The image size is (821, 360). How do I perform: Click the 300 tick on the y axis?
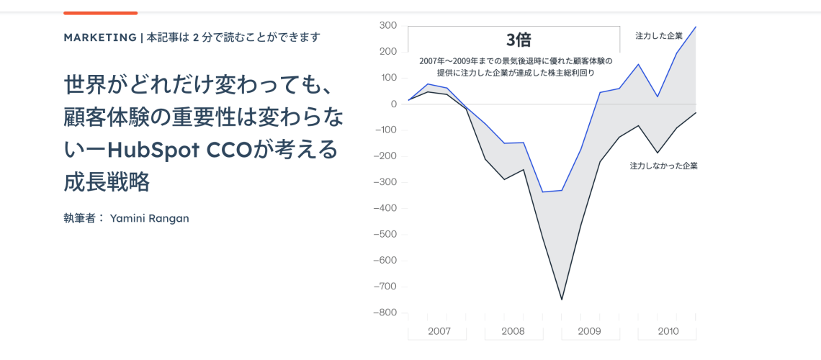387,25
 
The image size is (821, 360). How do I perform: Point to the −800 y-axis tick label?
385,312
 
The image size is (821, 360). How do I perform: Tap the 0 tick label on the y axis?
393,104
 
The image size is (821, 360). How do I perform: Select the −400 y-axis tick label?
385,208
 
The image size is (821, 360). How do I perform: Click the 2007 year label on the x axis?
439,331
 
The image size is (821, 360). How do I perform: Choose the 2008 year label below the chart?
513,331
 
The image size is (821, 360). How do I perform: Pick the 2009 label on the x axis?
589,331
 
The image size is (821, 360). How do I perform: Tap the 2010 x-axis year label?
668,331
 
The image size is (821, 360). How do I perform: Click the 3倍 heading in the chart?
518,40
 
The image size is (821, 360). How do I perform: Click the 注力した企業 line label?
658,35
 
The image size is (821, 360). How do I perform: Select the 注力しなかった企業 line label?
663,166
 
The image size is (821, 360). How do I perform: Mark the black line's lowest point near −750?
562,300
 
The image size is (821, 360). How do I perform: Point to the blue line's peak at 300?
696,27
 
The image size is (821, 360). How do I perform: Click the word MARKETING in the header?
100,37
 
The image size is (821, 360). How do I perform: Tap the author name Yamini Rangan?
149,218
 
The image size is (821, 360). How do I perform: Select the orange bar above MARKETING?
100,13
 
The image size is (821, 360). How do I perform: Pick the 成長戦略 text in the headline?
107,182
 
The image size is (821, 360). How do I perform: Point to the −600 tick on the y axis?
385,260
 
